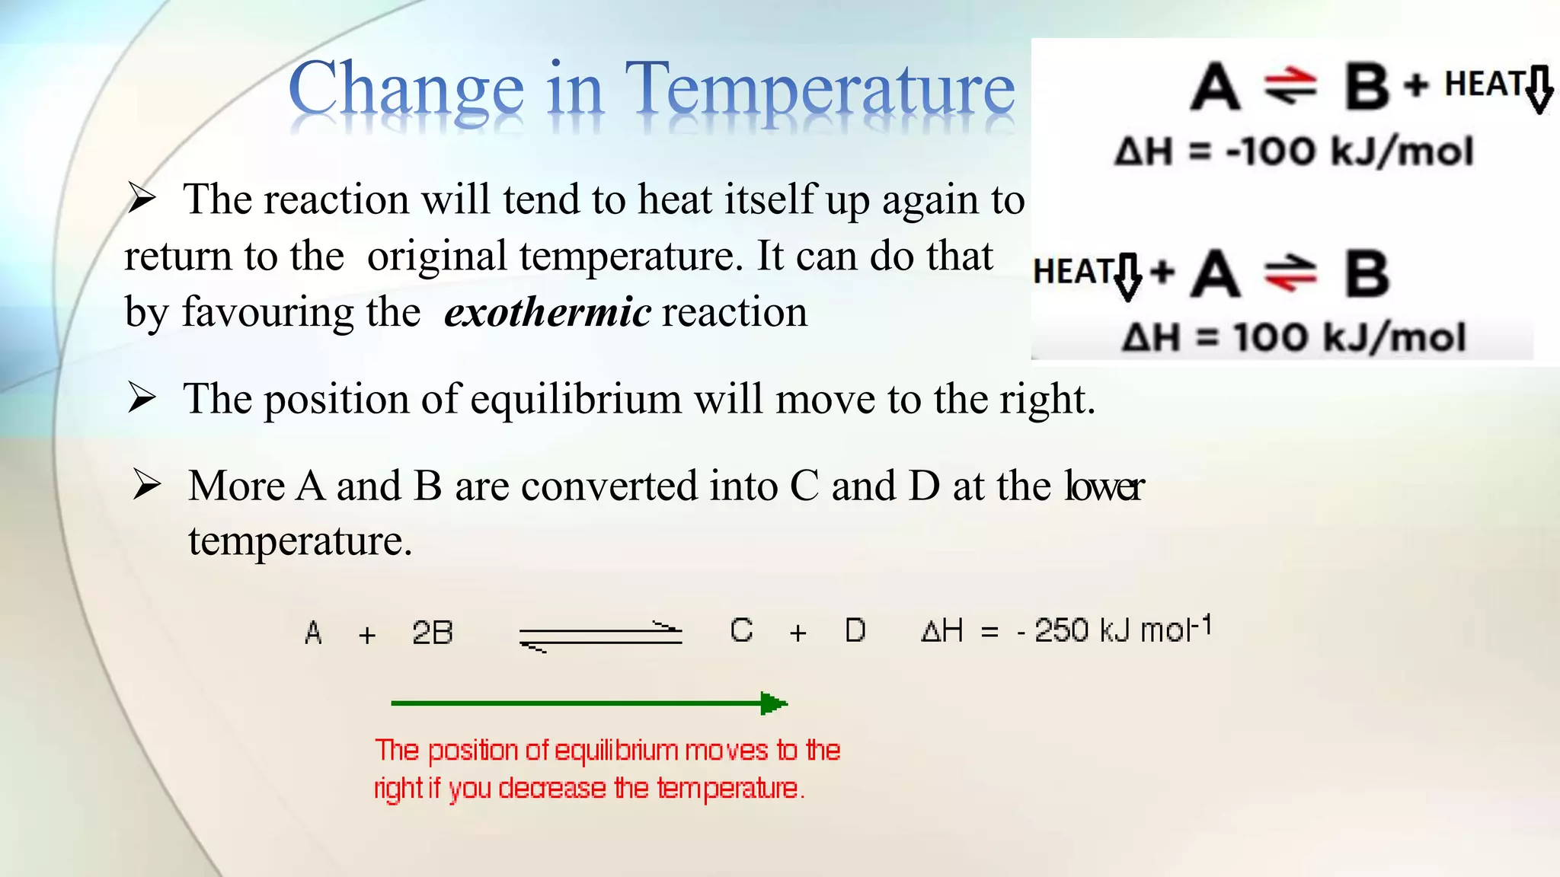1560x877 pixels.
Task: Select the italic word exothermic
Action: [x=548, y=312]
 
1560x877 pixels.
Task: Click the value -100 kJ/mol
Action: [x=1349, y=151]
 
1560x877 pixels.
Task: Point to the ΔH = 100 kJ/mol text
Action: [x=1293, y=337]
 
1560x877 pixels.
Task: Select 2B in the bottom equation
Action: [x=432, y=633]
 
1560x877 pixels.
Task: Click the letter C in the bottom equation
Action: [x=741, y=630]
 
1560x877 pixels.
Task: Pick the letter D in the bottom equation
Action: [x=855, y=630]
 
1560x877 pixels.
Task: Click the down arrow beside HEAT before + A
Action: [x=1128, y=276]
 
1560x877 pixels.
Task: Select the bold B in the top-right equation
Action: [x=1367, y=86]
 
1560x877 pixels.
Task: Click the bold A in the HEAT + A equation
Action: [x=1216, y=274]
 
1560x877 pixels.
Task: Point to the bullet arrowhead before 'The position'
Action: [x=142, y=397]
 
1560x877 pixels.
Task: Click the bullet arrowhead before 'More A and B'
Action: [x=146, y=485]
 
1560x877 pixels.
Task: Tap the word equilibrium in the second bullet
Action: [x=576, y=399]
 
